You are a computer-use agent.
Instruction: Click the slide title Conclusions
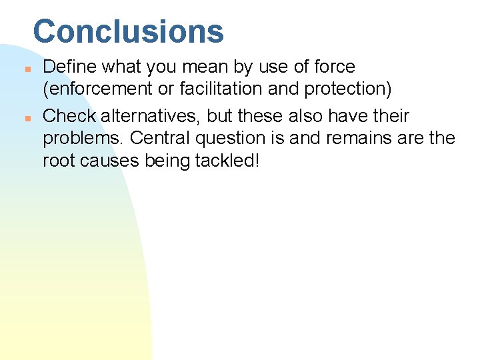pos(128,31)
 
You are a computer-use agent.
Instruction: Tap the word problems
pos(83,139)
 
